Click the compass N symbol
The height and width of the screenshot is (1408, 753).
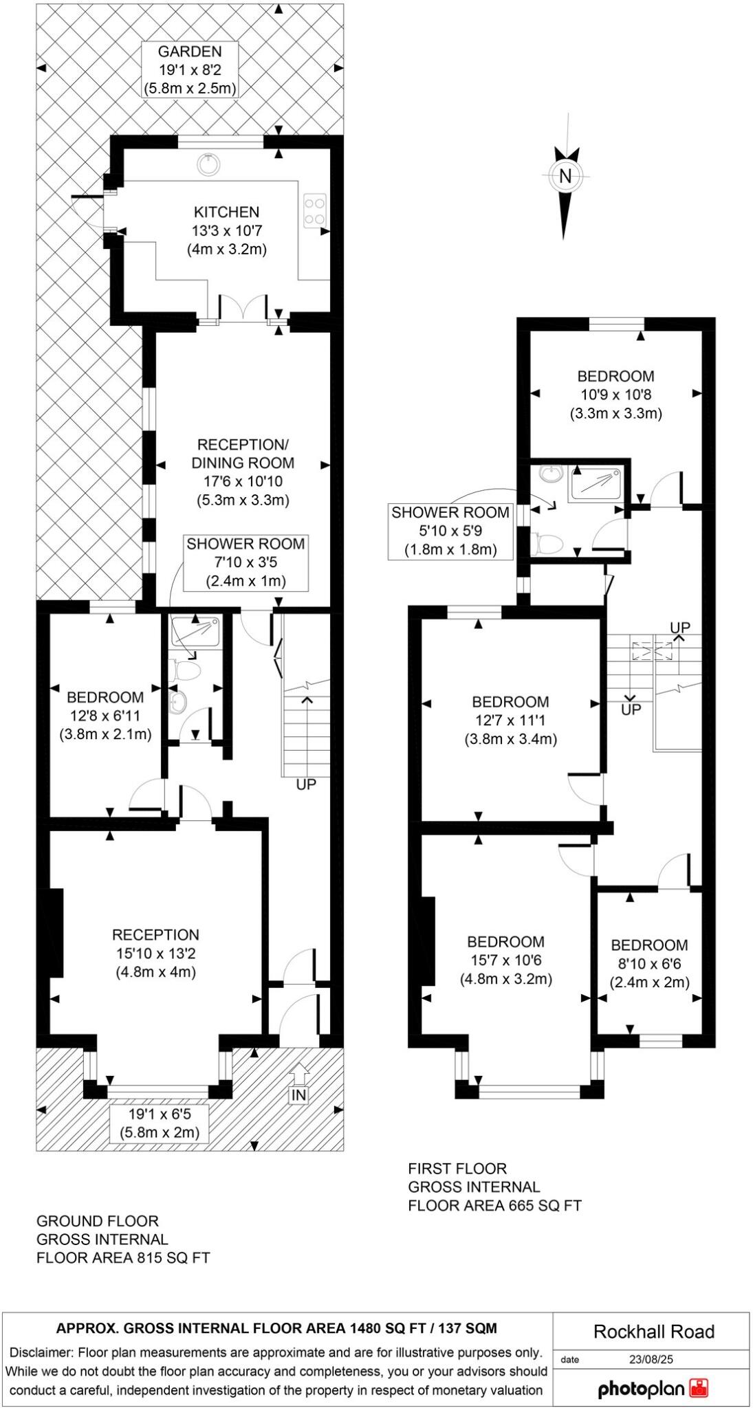[565, 176]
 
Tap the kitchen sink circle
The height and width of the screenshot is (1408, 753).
[208, 164]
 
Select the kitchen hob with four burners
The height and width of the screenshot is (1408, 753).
[314, 210]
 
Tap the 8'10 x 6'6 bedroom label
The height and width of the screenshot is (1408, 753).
[649, 964]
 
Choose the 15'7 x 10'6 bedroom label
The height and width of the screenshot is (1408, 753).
[505, 960]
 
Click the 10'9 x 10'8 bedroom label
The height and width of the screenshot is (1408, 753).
[615, 395]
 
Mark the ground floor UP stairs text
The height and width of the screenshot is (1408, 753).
[306, 784]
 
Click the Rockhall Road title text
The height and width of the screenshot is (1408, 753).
[654, 1332]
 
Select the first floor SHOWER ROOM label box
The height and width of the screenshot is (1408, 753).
[450, 531]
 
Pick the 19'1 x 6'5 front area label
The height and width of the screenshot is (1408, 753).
[160, 1123]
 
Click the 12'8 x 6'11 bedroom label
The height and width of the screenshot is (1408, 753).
[105, 716]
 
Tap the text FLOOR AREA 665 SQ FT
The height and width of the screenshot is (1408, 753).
[494, 1205]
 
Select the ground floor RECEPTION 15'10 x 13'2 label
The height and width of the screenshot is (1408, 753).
[156, 954]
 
